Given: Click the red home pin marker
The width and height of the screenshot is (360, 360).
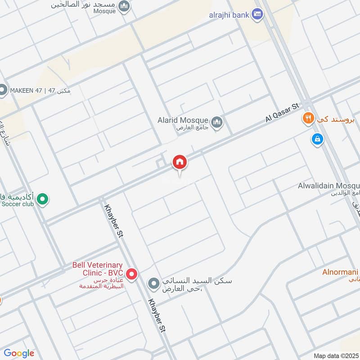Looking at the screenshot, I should click(x=180, y=162).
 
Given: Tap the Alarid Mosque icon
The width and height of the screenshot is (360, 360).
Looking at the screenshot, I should click(x=217, y=122).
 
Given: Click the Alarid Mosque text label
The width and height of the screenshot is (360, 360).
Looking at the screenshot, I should click(x=183, y=121).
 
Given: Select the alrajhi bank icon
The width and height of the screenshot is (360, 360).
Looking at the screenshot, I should click(x=257, y=15).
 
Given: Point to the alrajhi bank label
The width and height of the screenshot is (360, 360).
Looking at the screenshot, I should click(x=229, y=15).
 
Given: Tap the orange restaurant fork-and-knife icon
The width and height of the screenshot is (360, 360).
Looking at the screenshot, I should click(x=308, y=119).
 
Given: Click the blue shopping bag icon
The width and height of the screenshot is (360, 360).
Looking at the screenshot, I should click(x=318, y=139).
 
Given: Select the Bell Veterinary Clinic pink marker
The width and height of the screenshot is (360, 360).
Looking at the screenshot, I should click(x=131, y=274).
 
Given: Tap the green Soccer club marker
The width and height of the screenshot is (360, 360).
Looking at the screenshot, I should click(x=42, y=198).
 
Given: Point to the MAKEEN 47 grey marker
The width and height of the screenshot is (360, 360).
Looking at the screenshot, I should click(x=3, y=90).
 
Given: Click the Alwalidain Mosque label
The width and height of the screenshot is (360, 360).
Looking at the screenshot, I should click(x=328, y=186).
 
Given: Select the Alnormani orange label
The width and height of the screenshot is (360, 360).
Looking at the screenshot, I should click(x=340, y=272).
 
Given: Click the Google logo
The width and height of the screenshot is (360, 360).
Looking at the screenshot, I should click(x=18, y=353).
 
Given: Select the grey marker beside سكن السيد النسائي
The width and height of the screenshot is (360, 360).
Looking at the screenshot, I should click(x=154, y=283).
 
